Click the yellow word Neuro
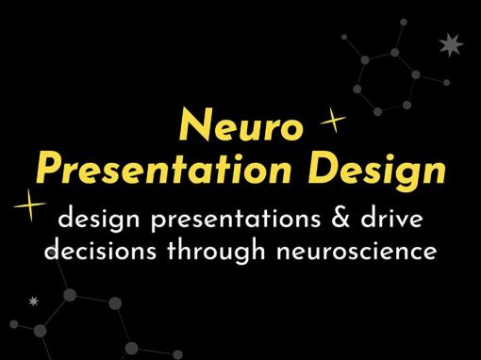point(241,124)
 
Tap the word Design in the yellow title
point(376,172)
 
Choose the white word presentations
point(236,219)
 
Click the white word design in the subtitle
point(99,219)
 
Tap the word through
point(216,250)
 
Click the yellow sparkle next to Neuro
point(333,121)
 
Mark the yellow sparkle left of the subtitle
point(29,205)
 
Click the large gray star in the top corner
point(451,44)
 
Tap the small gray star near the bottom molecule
point(33,302)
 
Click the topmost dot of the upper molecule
point(404,22)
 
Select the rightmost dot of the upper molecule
point(446,83)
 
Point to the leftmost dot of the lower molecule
point(14,324)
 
